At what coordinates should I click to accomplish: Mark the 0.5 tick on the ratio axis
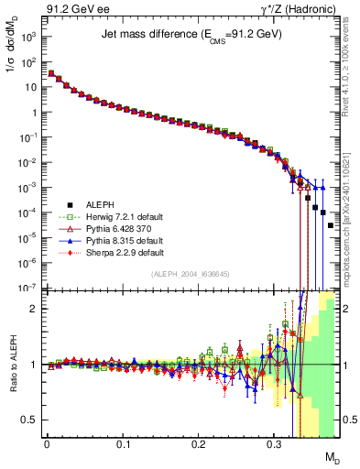pos(32,420)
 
